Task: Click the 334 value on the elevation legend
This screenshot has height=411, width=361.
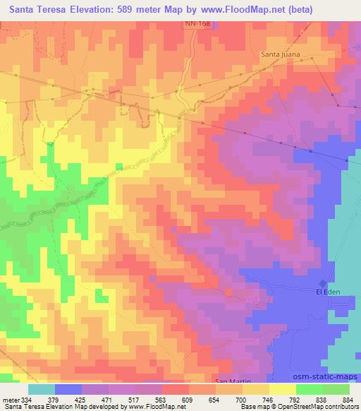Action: pos(27,400)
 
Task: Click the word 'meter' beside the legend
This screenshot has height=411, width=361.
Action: pos(10,400)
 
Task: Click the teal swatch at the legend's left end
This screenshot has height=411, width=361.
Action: pos(41,389)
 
